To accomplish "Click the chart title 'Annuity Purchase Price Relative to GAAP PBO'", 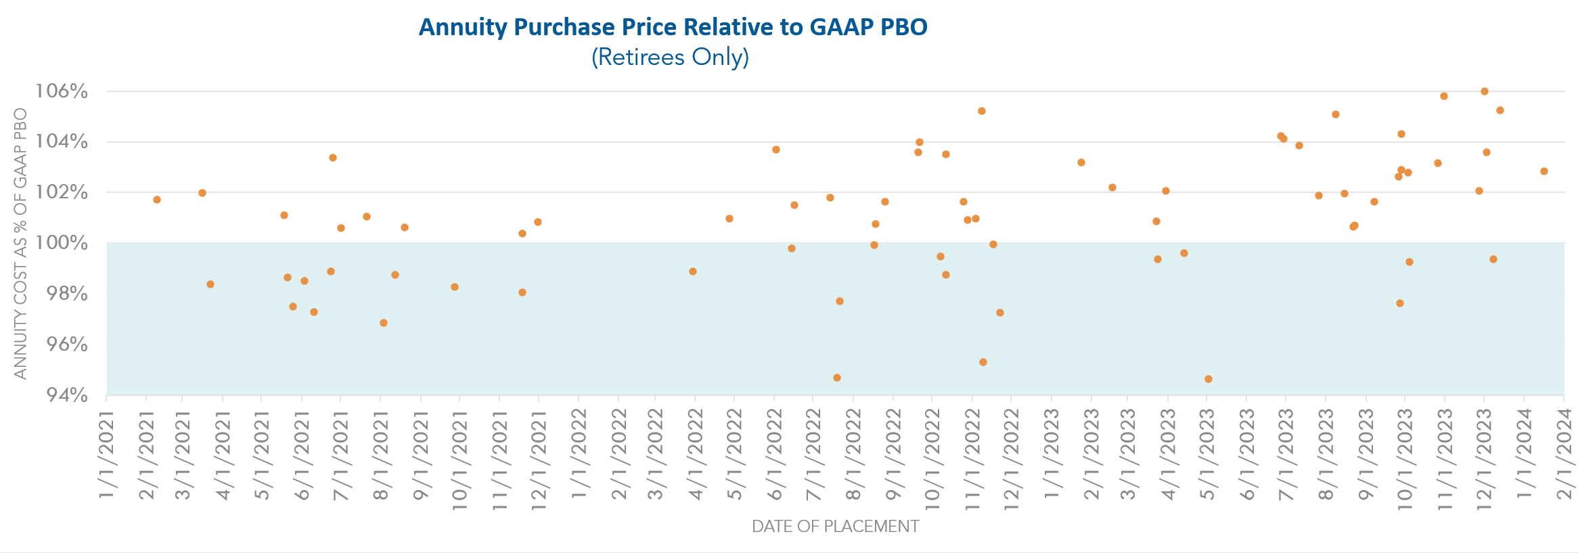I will pyautogui.click(x=673, y=27).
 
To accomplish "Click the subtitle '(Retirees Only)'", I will pyautogui.click(x=670, y=57).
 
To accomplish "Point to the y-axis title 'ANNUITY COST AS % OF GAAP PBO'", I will pyautogui.click(x=21, y=244).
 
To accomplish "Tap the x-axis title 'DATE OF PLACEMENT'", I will pyautogui.click(x=835, y=526).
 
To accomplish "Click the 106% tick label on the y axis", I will pyautogui.click(x=62, y=91).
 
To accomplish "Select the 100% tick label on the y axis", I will pyautogui.click(x=62, y=242).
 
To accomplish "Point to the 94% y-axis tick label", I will pyautogui.click(x=66, y=395).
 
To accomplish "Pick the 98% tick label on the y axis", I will pyautogui.click(x=66, y=294).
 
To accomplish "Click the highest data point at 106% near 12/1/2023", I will pyautogui.click(x=1485, y=91).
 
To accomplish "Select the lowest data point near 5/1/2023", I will pyautogui.click(x=1209, y=379).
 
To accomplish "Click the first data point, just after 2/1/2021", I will pyautogui.click(x=157, y=200).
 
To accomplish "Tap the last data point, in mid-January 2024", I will pyautogui.click(x=1544, y=171).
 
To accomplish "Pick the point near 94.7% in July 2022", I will pyautogui.click(x=837, y=378).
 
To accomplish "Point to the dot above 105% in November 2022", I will pyautogui.click(x=982, y=111).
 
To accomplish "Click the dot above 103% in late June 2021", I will pyautogui.click(x=333, y=158).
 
